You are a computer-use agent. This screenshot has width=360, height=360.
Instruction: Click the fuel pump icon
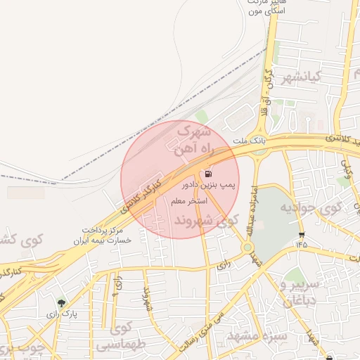208,174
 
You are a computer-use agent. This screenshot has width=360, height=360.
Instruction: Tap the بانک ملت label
252,141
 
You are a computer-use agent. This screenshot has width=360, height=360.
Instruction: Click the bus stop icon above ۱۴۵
302,235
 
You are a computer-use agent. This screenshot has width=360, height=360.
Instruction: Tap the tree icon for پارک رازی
62,304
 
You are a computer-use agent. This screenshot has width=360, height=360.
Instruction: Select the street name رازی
224,265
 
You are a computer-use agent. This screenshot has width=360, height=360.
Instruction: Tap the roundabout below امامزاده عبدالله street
247,247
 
